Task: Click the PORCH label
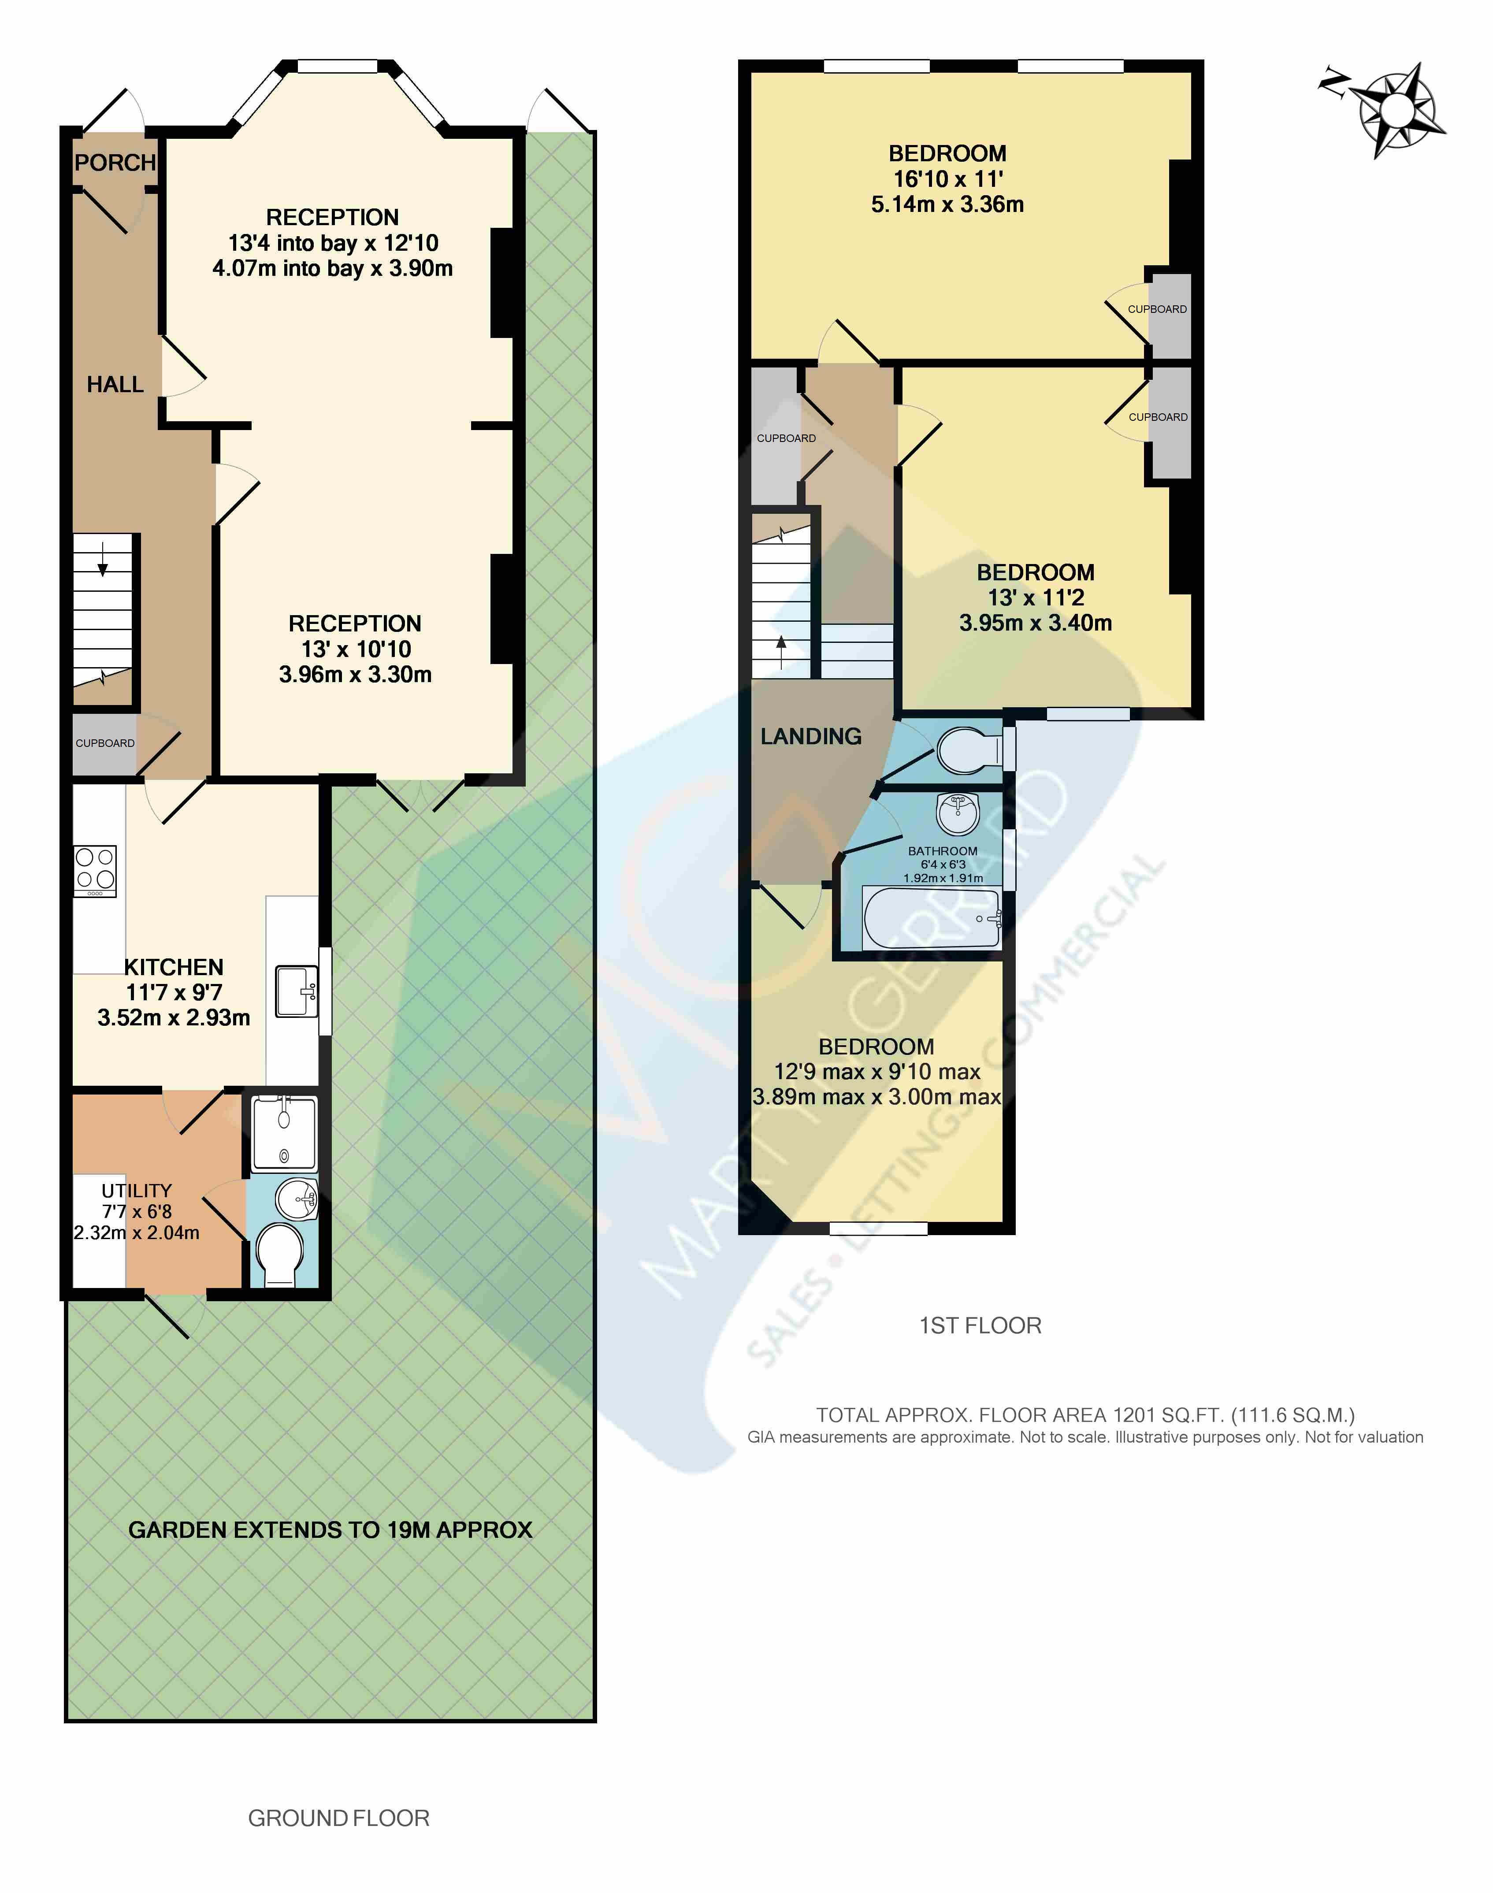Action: [x=115, y=163]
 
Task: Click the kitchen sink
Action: [x=296, y=991]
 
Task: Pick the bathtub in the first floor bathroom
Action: [x=932, y=918]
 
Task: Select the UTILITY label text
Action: [x=136, y=1190]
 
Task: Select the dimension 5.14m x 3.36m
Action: [x=947, y=204]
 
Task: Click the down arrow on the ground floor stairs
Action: [x=102, y=559]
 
